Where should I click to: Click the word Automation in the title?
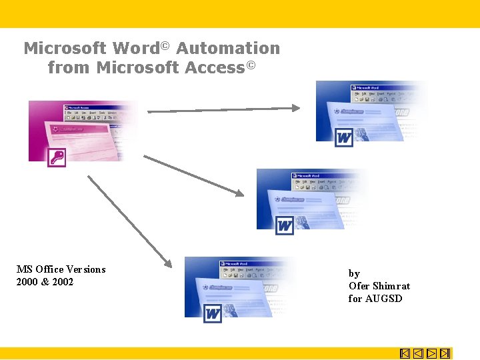click(228, 49)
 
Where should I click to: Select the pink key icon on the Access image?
click(57, 157)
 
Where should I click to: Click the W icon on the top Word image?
click(344, 138)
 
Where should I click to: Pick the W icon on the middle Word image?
click(285, 225)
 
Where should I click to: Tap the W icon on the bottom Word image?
click(213, 313)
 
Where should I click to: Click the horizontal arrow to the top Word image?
click(224, 109)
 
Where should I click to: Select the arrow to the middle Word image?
click(194, 175)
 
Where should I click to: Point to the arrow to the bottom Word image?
click(129, 220)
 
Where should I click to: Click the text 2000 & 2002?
click(45, 282)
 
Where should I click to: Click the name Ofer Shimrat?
click(379, 286)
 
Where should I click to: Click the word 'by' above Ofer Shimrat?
click(354, 273)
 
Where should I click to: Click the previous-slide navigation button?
click(418, 353)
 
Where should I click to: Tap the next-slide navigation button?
click(431, 353)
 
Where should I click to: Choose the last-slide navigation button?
click(445, 353)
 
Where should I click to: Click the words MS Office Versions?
click(61, 269)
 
